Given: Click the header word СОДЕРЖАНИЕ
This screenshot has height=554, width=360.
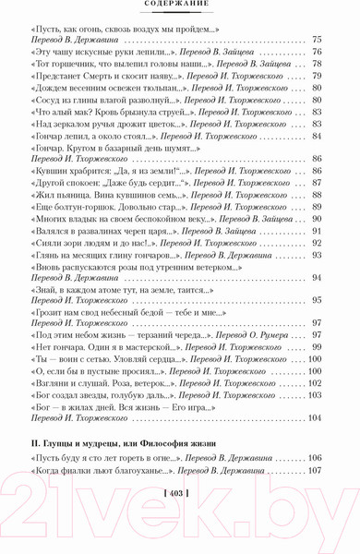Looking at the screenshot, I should point(180,6).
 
